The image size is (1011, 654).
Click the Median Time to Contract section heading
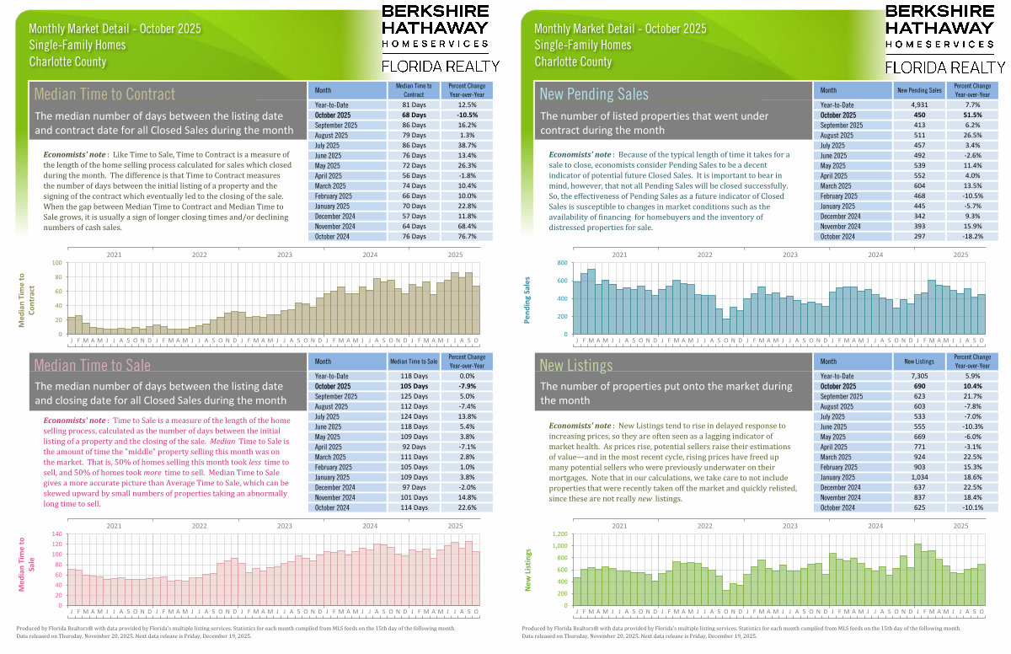(104, 94)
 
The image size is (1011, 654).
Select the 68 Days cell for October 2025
(413, 115)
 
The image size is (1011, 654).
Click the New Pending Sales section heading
(594, 94)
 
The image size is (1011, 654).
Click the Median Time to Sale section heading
(92, 365)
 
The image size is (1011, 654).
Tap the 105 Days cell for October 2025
(413, 386)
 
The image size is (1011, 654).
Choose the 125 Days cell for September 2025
(413, 396)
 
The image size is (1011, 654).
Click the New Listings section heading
(575, 365)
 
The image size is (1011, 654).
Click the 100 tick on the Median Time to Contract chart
(58, 263)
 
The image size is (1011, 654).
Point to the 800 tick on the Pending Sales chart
(563, 263)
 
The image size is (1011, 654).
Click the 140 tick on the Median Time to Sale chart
(58, 534)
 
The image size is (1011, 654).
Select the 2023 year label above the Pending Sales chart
(789, 255)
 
